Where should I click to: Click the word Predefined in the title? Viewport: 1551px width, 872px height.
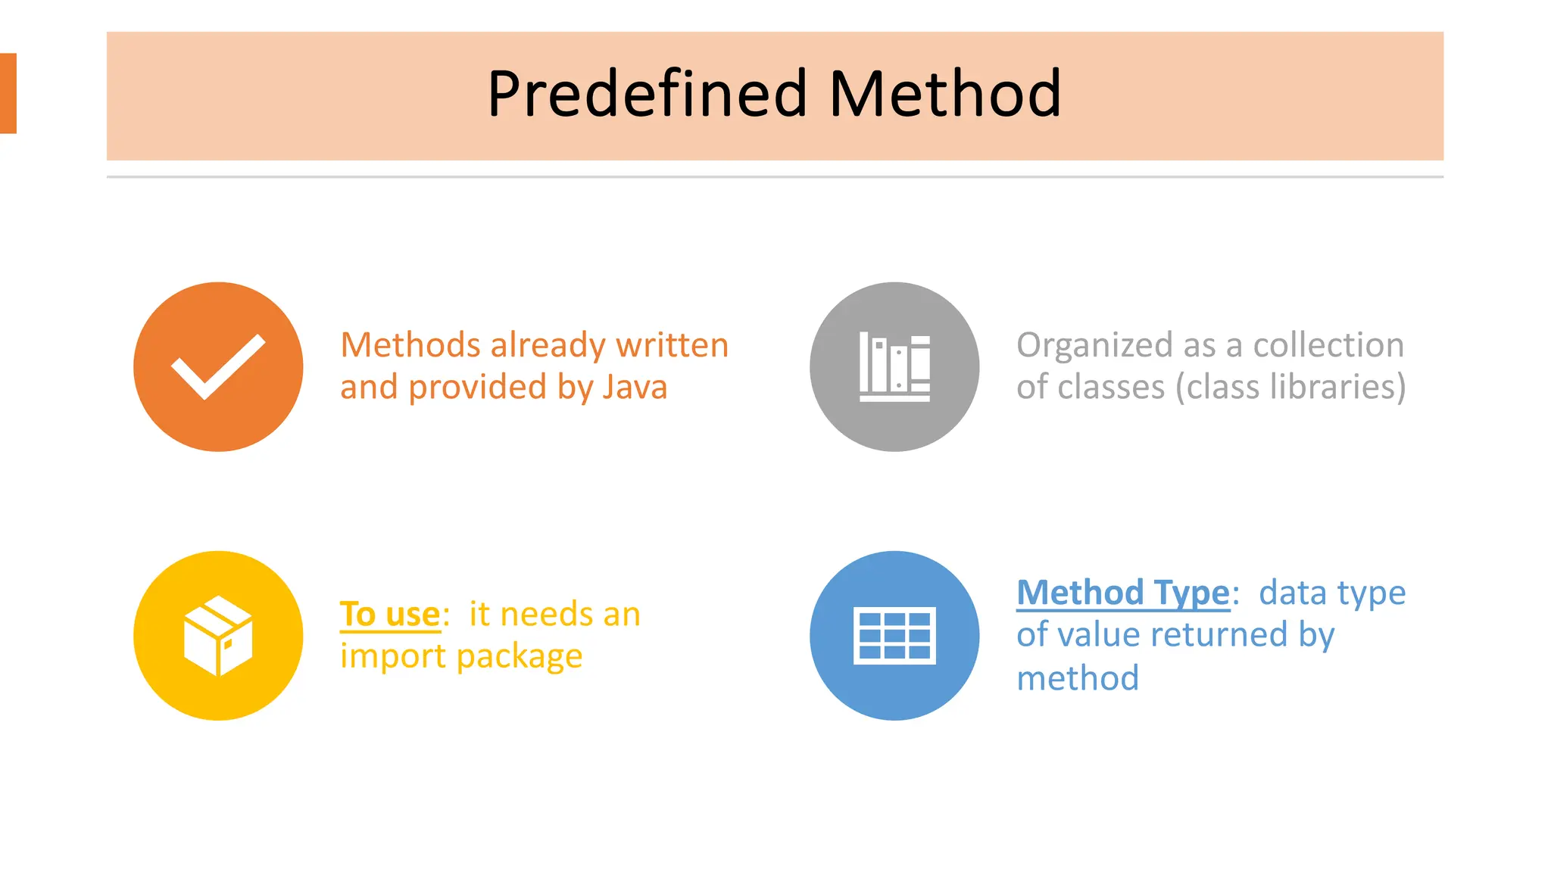(648, 94)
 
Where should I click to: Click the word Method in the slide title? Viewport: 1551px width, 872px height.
(945, 94)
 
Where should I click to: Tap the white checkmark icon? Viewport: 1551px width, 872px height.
(218, 366)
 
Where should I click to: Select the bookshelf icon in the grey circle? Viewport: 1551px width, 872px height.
(894, 367)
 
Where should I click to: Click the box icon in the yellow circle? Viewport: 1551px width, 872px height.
(218, 636)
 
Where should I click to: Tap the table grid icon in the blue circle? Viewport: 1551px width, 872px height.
(894, 636)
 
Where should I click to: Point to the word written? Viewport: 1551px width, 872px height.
(672, 345)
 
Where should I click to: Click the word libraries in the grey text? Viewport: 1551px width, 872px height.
(1333, 387)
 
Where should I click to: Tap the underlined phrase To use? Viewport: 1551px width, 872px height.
(390, 614)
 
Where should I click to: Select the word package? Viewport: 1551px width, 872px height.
(520, 656)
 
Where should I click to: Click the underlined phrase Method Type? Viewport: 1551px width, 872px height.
(1122, 593)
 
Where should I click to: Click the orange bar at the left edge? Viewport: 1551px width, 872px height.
(8, 93)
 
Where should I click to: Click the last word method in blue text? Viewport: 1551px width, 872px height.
(1077, 678)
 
